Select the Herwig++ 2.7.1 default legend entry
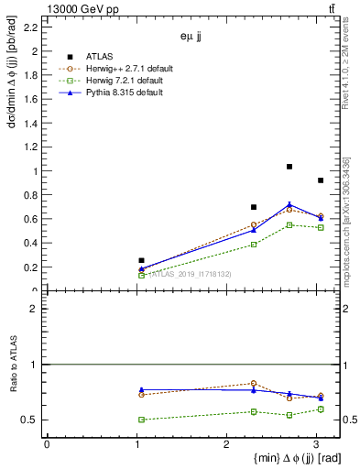[110, 67]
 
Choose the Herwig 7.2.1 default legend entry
[107, 81]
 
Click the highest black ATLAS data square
[289, 167]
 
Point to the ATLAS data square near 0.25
[141, 260]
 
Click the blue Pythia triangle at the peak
[289, 204]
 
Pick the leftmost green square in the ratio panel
[141, 420]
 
